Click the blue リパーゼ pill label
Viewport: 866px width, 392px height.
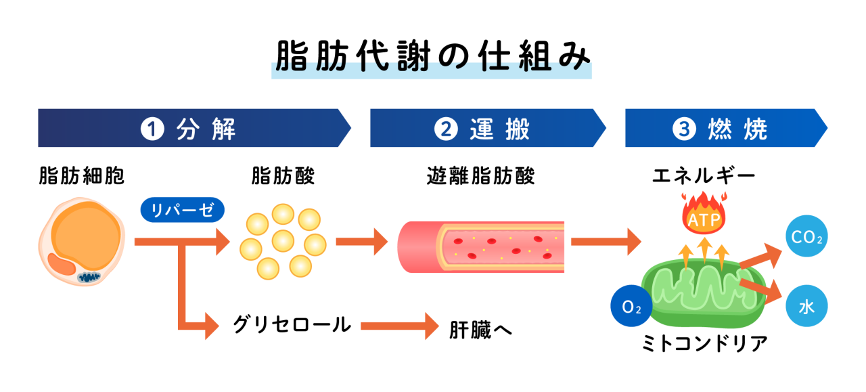[182, 210]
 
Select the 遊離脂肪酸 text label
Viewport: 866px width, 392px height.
[481, 176]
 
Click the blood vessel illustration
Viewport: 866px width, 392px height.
[481, 246]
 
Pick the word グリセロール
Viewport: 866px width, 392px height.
[292, 325]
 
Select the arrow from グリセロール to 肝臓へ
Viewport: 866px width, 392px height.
[399, 326]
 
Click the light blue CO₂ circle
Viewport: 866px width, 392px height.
[806, 238]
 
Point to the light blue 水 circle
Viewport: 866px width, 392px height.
[806, 307]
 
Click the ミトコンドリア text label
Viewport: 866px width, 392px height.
[704, 343]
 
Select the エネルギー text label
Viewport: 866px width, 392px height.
[704, 176]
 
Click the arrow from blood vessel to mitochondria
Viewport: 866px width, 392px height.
[604, 242]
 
